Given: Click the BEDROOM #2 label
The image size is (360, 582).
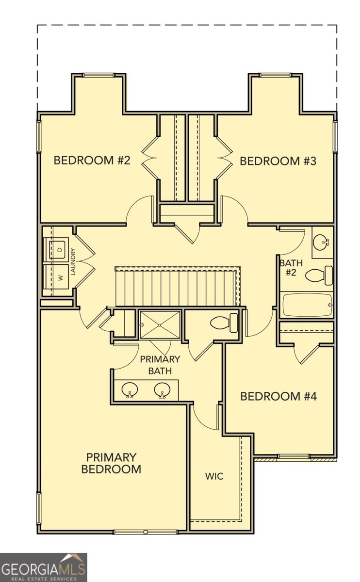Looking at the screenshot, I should click(92, 161).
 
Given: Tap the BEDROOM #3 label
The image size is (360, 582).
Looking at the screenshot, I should click(278, 161).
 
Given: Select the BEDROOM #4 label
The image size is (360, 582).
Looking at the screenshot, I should click(278, 396).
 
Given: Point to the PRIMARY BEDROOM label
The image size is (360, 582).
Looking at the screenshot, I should click(111, 463).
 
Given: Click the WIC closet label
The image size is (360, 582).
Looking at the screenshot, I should click(214, 476).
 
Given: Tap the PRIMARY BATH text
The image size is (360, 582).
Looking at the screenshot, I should click(160, 365).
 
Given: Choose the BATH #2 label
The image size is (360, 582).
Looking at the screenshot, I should click(291, 268).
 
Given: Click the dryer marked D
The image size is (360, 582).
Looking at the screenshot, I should click(58, 249).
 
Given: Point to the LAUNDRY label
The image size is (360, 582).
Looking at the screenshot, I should click(73, 262).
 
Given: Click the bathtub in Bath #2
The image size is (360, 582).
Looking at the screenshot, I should click(306, 305).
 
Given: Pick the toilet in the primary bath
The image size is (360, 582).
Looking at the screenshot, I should click(225, 323).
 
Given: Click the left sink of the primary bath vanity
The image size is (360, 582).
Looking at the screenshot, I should click(130, 390).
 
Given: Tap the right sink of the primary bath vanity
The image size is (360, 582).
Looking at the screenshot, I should click(162, 390).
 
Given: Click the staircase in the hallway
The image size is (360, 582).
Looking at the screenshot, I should click(177, 288).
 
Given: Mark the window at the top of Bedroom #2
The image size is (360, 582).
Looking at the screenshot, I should click(98, 75).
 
